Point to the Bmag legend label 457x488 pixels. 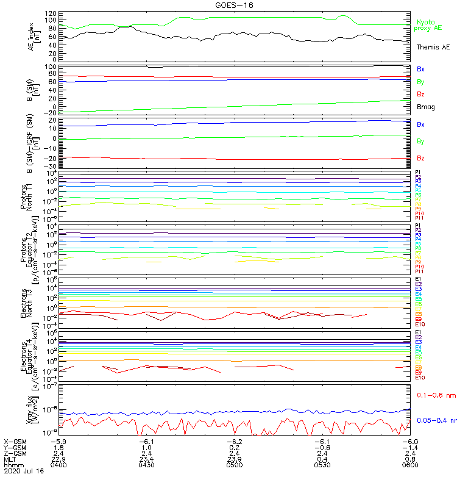pyautogui.click(x=425, y=107)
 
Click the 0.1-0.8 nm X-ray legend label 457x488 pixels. pyautogui.click(x=435, y=396)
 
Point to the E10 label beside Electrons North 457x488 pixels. pyautogui.click(x=420, y=324)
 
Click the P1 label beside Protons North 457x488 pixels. pyautogui.click(x=418, y=173)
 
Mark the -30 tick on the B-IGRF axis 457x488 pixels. pyautogui.click(x=52, y=167)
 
